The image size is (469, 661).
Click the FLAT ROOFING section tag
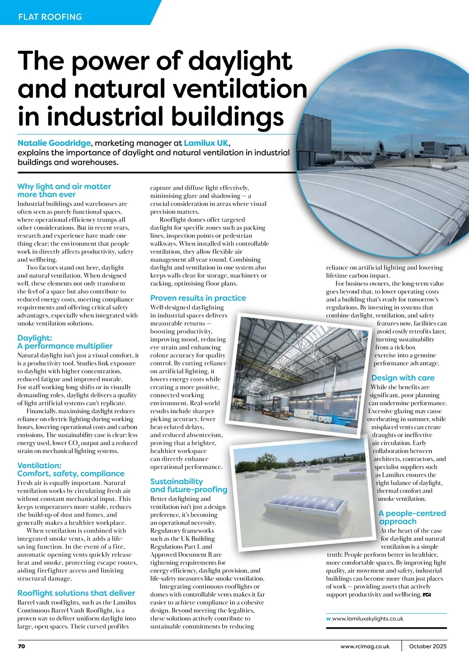pyautogui.click(x=50, y=17)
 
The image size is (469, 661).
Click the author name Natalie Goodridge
pyautogui.click(x=54, y=143)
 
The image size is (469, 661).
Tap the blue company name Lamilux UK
pyautogui.click(x=206, y=143)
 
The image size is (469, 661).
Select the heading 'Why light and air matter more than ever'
pyautogui.click(x=64, y=191)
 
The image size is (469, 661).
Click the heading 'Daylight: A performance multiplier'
pyautogui.click(x=65, y=342)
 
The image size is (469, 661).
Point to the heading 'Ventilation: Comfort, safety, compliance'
pyautogui.click(x=71, y=469)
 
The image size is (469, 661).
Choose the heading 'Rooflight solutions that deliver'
pyautogui.click(x=76, y=593)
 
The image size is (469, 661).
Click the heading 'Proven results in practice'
pyautogui.click(x=198, y=298)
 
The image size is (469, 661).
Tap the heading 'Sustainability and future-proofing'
pyautogui.click(x=188, y=485)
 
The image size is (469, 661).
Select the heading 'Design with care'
pyautogui.click(x=403, y=378)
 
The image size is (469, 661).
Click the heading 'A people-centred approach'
pyautogui.click(x=412, y=517)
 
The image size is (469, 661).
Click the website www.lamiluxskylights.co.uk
pyautogui.click(x=367, y=618)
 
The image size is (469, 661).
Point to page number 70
pyautogui.click(x=21, y=646)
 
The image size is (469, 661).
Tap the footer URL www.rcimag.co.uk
pyautogui.click(x=365, y=646)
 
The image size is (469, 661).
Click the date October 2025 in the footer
pyautogui.click(x=428, y=646)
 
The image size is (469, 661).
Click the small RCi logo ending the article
pyautogui.click(x=426, y=595)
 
